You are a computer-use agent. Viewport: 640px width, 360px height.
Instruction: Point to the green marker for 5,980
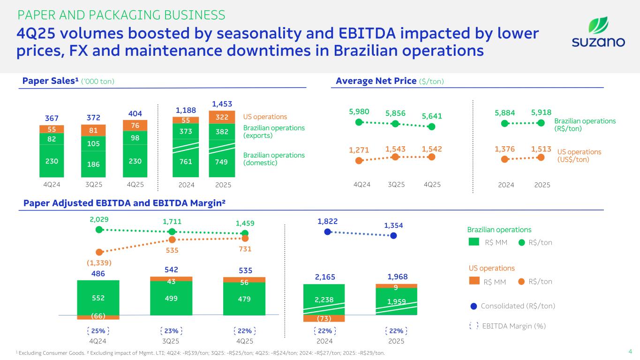359,122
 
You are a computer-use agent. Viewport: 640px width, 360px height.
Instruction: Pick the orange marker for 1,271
359,160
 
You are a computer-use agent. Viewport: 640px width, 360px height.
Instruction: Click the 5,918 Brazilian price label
541,112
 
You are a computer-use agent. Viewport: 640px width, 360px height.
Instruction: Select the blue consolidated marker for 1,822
328,232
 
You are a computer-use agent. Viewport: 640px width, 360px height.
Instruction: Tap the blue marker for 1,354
394,236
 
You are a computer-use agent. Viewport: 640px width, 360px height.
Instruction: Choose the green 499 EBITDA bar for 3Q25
171,298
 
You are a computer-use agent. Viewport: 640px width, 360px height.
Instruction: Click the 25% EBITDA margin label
98,330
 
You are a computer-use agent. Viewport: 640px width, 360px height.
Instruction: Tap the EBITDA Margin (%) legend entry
508,326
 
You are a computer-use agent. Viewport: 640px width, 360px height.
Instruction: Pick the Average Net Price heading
390,82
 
